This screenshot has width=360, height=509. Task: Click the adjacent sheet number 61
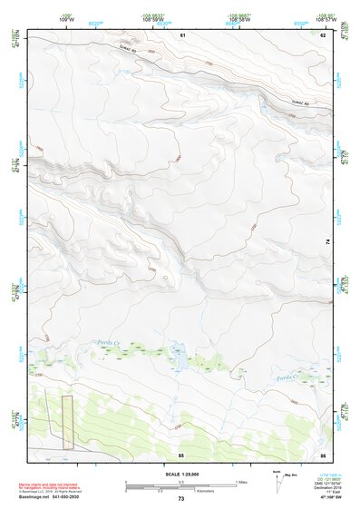click(182, 34)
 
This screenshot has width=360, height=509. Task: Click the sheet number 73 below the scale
click(181, 499)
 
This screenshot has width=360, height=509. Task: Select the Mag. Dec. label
click(290, 473)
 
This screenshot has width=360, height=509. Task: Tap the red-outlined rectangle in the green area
click(66, 422)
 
